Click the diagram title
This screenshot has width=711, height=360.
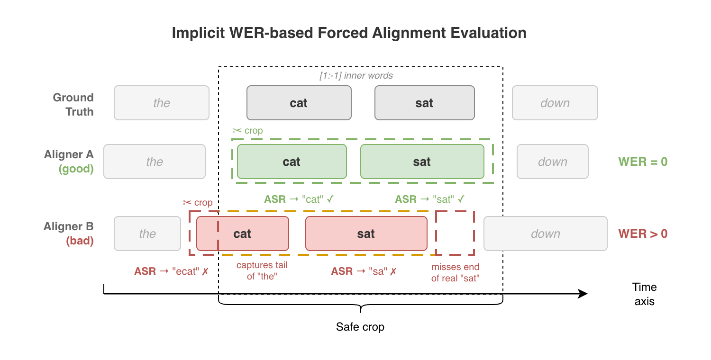[x=349, y=33]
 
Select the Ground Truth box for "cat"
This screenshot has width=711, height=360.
[x=299, y=103]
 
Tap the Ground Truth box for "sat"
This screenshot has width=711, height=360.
[x=424, y=103]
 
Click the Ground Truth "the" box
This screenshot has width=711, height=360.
[x=161, y=103]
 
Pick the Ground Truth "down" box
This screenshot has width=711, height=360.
[x=555, y=103]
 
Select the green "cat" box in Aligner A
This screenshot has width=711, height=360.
[x=292, y=162]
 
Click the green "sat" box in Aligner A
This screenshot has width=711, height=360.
[x=422, y=162]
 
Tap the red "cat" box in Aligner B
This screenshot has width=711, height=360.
[x=242, y=234]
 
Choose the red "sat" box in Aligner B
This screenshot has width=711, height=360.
[x=366, y=234]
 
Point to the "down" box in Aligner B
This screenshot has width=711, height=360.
[x=545, y=234]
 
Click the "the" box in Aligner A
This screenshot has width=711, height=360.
[x=155, y=162]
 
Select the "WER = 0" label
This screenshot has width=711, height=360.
[x=643, y=162]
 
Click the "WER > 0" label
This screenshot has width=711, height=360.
[x=643, y=234]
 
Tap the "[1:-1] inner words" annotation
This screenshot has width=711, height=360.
[x=356, y=75]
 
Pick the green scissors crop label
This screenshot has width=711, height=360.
[x=248, y=131]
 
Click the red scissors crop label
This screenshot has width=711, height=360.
[x=198, y=203]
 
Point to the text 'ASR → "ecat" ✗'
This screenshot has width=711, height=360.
[x=172, y=271]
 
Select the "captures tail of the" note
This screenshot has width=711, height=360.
[x=262, y=271]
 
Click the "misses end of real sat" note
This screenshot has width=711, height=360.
[x=455, y=272]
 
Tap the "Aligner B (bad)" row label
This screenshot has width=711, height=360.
[x=69, y=234]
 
